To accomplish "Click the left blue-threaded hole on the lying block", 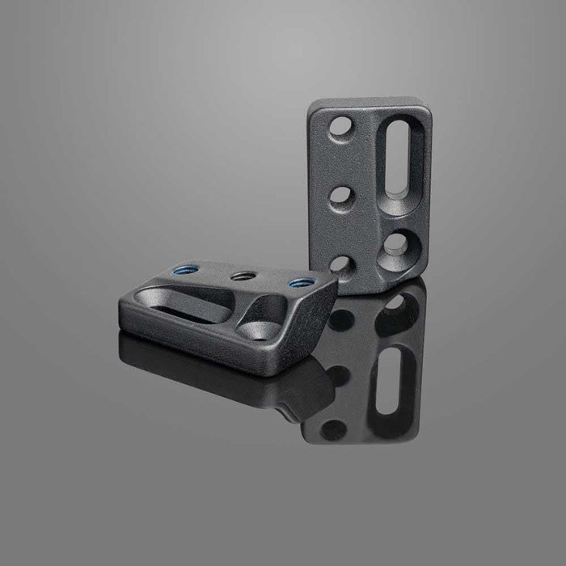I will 182,272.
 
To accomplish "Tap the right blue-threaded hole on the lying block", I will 302,282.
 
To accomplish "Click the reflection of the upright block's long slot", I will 399,388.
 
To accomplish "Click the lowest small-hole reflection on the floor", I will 332,428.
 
